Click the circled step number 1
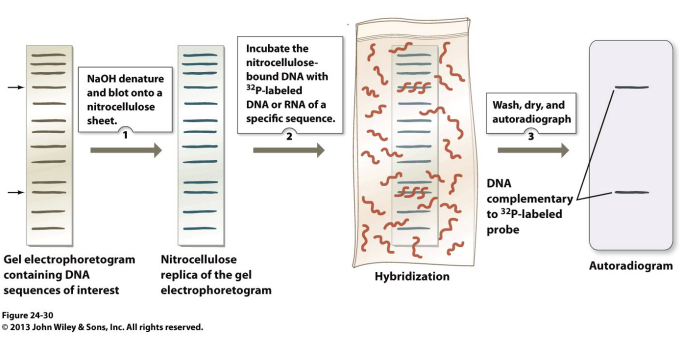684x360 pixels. pos(123,132)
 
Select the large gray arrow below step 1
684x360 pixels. pos(124,150)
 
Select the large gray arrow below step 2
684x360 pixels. pos(287,150)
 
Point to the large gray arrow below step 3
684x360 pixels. pos(530,150)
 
